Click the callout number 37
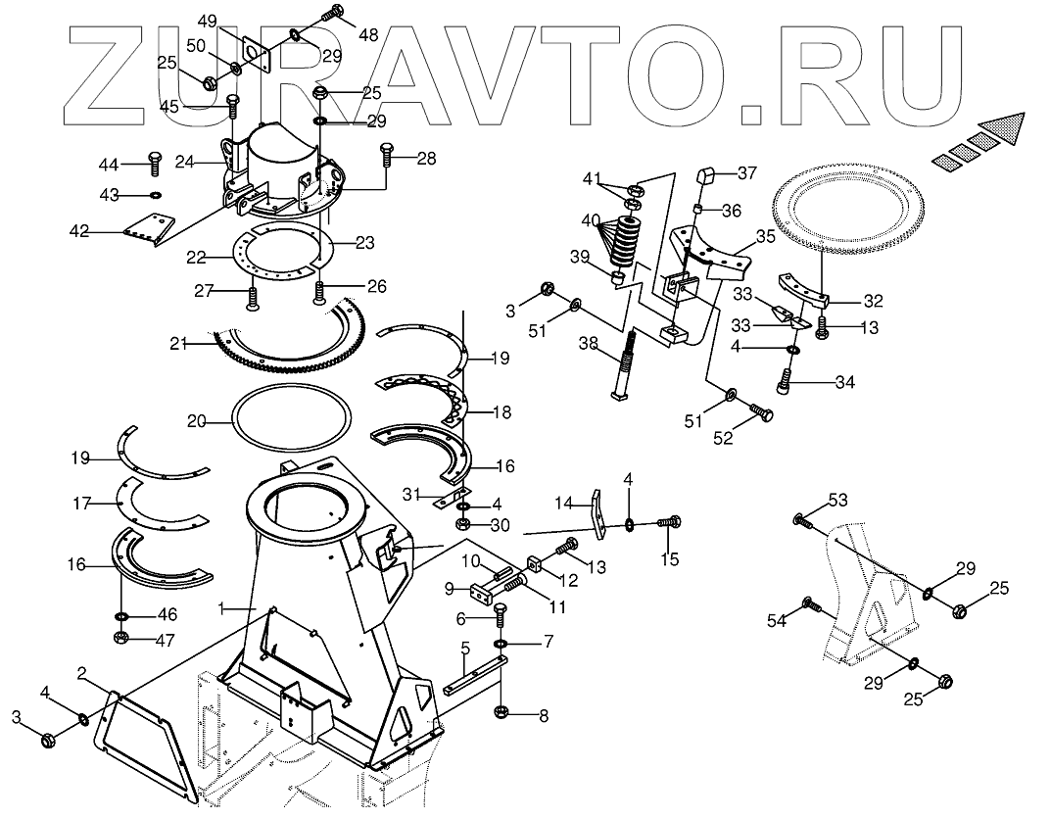747,173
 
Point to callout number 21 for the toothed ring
177,343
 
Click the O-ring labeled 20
291,421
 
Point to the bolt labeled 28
386,154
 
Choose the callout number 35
765,237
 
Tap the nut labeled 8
501,711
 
